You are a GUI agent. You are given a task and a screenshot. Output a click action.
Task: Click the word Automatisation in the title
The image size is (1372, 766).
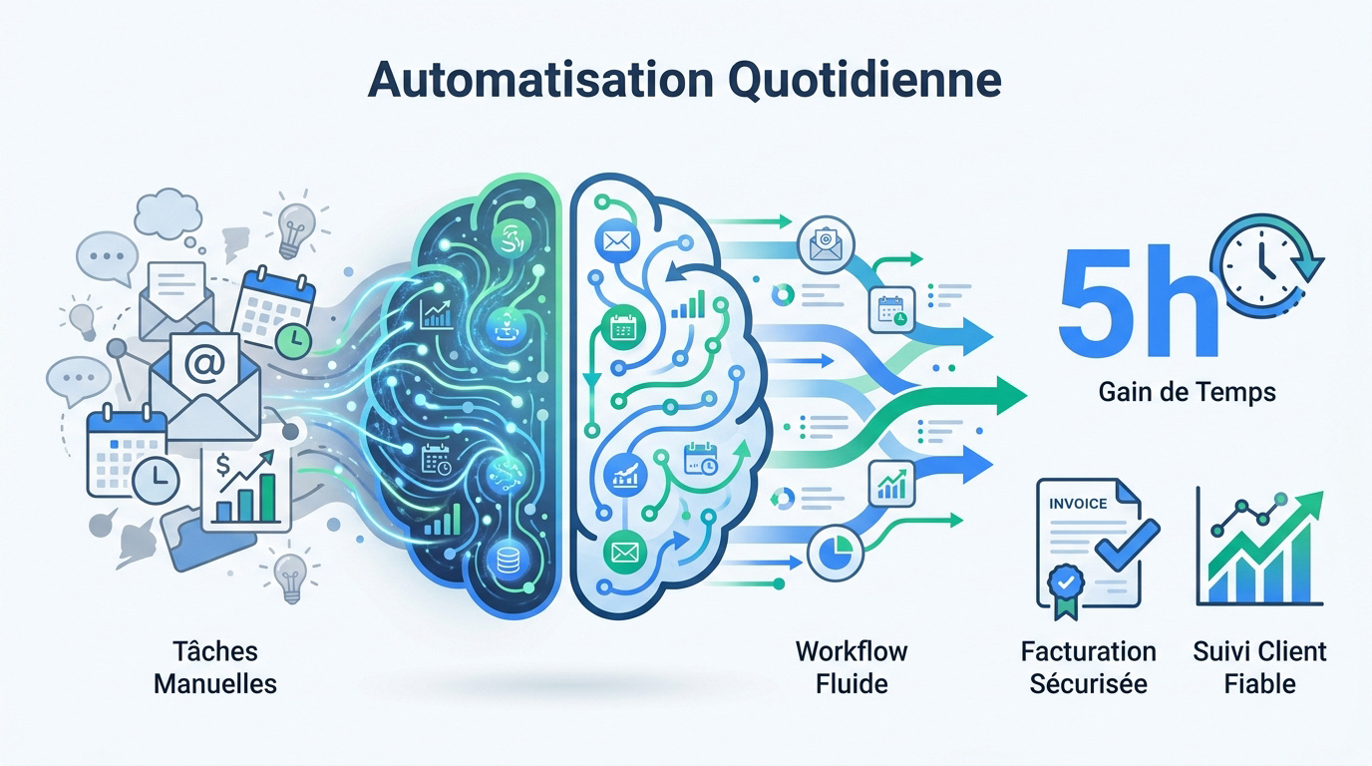click(x=540, y=80)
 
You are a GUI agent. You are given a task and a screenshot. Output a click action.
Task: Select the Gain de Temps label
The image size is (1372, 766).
click(x=1187, y=392)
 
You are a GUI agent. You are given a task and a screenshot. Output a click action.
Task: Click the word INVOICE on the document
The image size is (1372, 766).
click(x=1078, y=504)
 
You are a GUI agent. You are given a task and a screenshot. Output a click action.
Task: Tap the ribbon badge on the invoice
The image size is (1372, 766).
click(x=1066, y=588)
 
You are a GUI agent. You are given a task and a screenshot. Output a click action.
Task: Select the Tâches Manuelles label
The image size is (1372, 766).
click(x=215, y=667)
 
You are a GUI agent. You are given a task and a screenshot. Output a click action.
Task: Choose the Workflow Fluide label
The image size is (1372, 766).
click(x=852, y=667)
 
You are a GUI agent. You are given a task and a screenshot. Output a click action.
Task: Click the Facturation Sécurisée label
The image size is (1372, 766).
click(x=1089, y=667)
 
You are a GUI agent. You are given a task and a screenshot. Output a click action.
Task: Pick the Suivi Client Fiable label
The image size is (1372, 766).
click(x=1259, y=667)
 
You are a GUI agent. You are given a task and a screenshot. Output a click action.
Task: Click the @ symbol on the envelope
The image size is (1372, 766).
click(x=204, y=364)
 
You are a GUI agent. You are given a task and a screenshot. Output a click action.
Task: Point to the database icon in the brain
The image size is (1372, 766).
click(x=508, y=560)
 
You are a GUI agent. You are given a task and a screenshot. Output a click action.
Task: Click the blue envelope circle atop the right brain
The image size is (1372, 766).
click(x=617, y=240)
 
